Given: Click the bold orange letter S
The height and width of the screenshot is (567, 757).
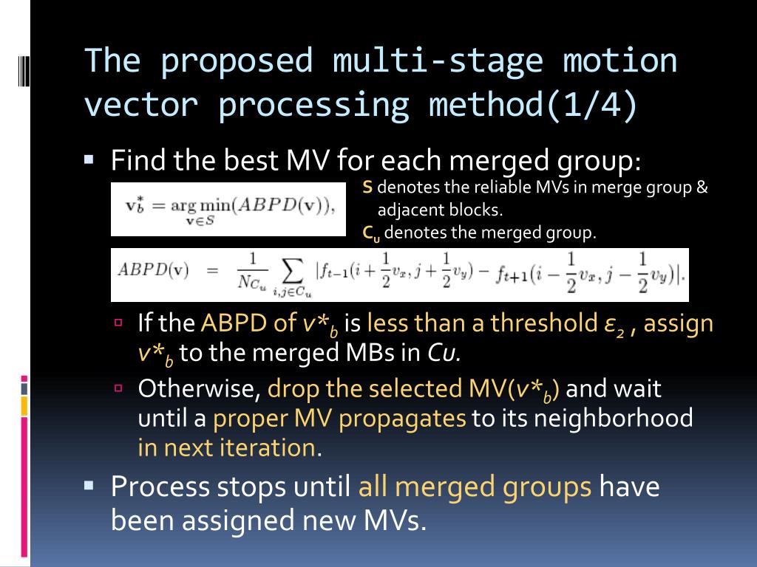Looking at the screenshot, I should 367,188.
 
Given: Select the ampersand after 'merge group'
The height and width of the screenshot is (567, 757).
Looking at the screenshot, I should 702,188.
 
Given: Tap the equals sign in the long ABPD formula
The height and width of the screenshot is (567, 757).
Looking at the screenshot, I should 213,270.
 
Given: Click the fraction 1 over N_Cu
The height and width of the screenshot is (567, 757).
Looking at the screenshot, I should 252,271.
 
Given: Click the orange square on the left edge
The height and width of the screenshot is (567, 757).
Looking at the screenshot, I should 24,405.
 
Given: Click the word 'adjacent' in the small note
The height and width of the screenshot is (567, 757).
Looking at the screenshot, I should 405,210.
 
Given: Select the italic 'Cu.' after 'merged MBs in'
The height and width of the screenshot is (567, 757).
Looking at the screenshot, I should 445,353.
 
